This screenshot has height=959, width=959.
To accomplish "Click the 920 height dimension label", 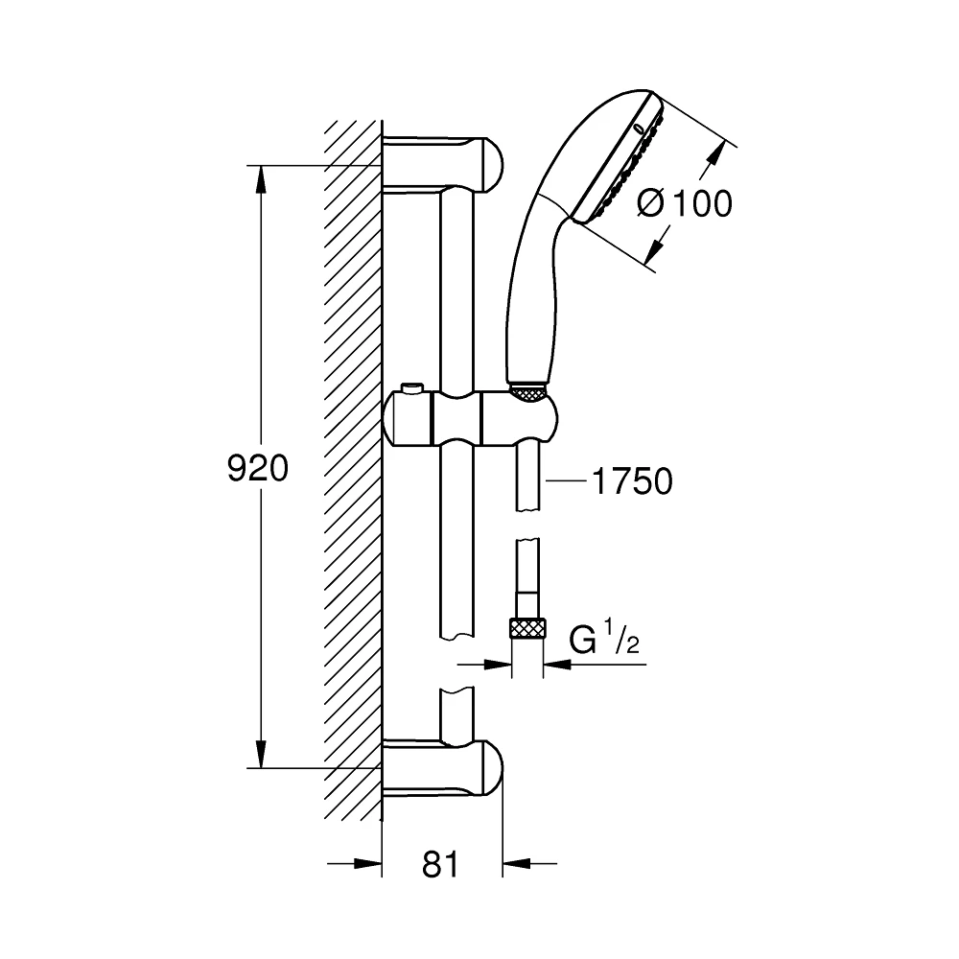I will [x=257, y=468].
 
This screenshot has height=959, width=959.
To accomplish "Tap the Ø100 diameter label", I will [x=684, y=203].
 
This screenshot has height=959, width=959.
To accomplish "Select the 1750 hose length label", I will [x=630, y=482].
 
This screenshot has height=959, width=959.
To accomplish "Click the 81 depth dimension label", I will [x=441, y=865].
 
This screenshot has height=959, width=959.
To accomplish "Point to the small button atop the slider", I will [x=413, y=388].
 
